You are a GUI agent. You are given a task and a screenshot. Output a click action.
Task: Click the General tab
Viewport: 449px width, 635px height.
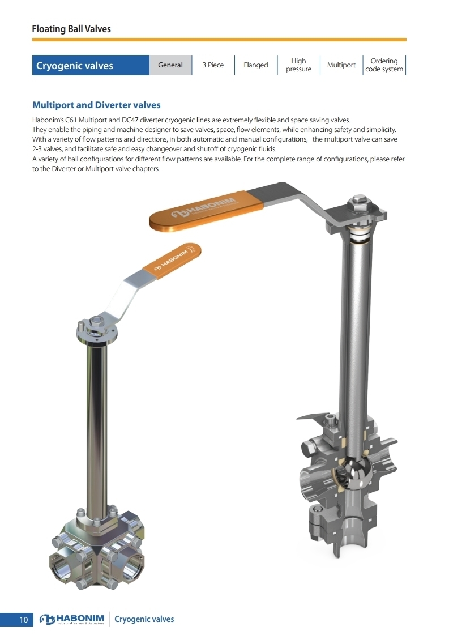click(170, 65)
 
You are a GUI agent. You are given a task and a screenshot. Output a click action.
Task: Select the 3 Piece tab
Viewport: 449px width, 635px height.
click(213, 65)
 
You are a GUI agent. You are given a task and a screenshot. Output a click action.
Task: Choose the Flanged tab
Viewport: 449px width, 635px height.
click(256, 65)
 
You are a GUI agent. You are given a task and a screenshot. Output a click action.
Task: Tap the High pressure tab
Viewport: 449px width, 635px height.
click(299, 65)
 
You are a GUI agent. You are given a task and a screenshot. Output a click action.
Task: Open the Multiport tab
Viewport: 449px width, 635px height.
click(341, 65)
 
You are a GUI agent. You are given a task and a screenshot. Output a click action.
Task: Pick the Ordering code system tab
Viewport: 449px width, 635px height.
click(384, 65)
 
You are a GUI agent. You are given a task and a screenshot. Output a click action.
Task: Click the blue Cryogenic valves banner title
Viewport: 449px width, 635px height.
click(75, 66)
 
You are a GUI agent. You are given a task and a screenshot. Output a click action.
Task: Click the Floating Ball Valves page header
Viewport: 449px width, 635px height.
click(71, 29)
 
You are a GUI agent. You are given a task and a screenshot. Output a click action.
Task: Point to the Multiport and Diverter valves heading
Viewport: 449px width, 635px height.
click(96, 105)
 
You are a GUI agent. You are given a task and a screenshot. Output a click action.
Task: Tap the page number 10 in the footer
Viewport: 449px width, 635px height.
click(23, 620)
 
